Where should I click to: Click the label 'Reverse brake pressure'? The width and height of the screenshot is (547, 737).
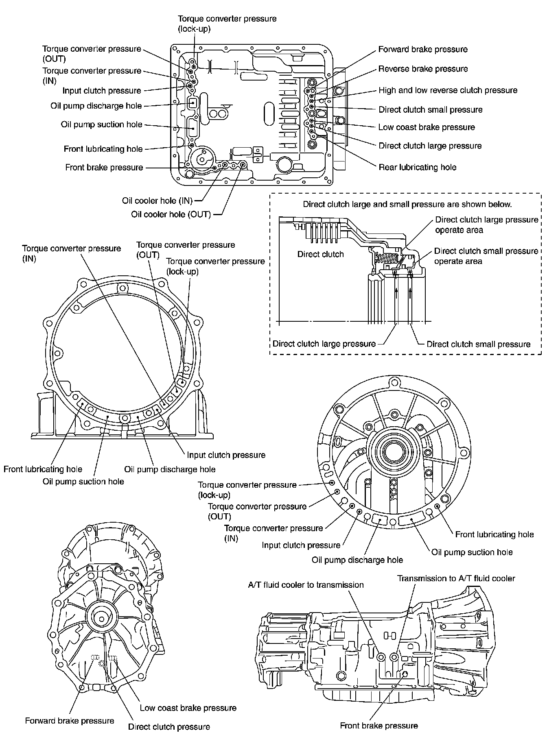423,69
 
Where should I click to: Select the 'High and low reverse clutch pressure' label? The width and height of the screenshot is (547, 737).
448,90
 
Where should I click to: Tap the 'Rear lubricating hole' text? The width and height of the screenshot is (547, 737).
417,167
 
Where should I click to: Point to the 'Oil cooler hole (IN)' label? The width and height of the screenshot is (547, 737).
157,201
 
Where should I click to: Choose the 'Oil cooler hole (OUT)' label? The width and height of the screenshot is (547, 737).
171,214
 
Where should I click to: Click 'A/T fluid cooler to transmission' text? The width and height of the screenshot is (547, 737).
306,584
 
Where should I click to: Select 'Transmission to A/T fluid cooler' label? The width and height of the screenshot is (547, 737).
456,578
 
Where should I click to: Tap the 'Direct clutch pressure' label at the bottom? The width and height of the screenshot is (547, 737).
169,726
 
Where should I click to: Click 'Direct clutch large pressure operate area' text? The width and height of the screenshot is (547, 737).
486,225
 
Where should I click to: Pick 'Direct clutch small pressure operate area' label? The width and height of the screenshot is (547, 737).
486,256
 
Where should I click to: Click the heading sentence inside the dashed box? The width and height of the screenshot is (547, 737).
407,204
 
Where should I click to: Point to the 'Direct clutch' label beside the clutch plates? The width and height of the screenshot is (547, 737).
320,254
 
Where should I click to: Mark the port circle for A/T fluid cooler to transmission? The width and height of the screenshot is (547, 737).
381,657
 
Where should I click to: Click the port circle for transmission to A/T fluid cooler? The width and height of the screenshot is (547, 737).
394,657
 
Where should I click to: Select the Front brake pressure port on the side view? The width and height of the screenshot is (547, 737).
405,674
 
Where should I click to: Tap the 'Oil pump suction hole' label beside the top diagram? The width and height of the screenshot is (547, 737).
101,124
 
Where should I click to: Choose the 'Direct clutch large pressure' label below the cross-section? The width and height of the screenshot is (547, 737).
324,344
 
